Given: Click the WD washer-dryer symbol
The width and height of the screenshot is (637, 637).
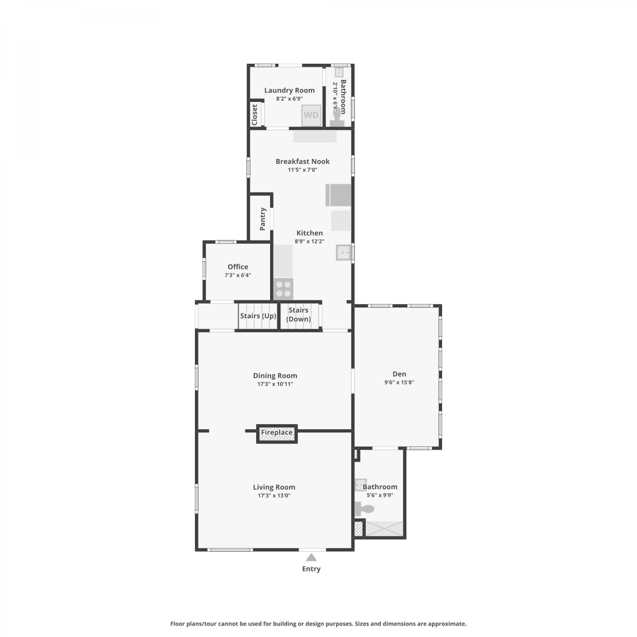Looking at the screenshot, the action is coord(311,115).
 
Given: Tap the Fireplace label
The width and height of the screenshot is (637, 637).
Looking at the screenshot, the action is coord(277,433).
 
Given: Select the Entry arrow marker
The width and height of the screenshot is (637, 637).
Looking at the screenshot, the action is coord(311,557).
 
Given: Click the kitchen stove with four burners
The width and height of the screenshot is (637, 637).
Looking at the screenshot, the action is coord(283,289).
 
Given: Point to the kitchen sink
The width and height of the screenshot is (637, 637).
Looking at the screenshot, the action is coord(344,252).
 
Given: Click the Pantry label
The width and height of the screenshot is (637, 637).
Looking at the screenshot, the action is coord(262,219).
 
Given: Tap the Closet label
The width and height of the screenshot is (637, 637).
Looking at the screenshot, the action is coord(254,115).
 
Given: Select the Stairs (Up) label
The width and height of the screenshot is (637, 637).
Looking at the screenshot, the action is coord(258,316).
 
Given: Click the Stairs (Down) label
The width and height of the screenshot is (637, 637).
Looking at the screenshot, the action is coord(299,315).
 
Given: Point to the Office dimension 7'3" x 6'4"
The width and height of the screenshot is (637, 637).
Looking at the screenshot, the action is coord(238,275).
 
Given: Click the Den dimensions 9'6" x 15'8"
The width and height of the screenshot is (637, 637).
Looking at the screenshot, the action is coord(399,382).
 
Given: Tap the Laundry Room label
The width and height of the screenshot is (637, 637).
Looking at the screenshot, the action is coord(290,90).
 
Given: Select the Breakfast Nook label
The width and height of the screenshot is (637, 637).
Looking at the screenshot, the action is coord(303,161).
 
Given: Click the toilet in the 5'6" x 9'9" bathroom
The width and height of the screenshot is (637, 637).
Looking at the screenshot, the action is coord(364,509).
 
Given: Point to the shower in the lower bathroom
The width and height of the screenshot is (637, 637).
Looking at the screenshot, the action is coord(384,528).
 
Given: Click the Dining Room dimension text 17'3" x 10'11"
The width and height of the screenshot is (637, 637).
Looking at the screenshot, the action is coord(275,384).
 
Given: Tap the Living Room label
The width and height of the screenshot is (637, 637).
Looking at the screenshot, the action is coord(274,487).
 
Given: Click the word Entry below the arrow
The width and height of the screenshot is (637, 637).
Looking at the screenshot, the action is coord(311,569).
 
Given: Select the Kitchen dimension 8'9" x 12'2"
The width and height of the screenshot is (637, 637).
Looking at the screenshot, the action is coord(310,241).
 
